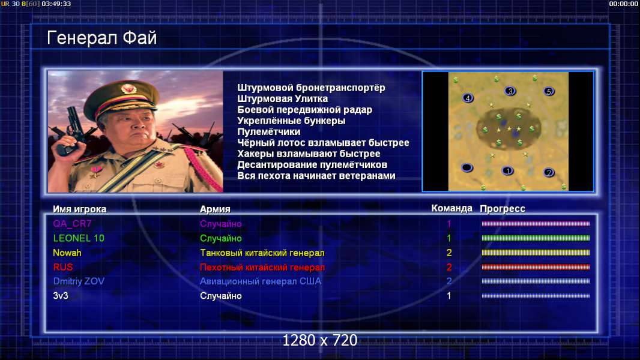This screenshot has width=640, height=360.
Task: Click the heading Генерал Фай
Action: pos(101,38)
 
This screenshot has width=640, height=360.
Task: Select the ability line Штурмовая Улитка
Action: pos(282,98)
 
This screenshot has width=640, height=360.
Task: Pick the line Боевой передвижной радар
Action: pos(304,110)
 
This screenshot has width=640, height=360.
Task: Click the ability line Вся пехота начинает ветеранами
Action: pos(316,176)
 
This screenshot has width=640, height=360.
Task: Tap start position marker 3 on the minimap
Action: pos(510,91)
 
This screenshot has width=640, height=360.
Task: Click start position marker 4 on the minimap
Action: pos(468,98)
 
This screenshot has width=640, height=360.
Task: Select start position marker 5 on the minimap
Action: pos(549,91)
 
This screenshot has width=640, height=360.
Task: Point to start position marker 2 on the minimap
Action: pos(549,172)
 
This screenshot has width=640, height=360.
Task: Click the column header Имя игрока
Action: pos(80,209)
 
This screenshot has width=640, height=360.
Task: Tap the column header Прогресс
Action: pos(503,209)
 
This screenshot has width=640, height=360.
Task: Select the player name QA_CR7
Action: pos(72,223)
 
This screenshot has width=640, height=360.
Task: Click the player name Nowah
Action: pos(67,253)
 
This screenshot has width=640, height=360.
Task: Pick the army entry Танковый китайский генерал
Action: pos(262,253)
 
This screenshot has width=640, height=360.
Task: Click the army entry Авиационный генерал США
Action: pos(261,281)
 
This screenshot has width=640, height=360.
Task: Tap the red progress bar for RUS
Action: pos(536,267)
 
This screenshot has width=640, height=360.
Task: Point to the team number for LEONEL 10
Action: pos(449,238)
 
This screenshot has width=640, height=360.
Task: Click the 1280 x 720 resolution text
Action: pos(320,340)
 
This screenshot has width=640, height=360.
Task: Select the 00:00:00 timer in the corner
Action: pos(623,4)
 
